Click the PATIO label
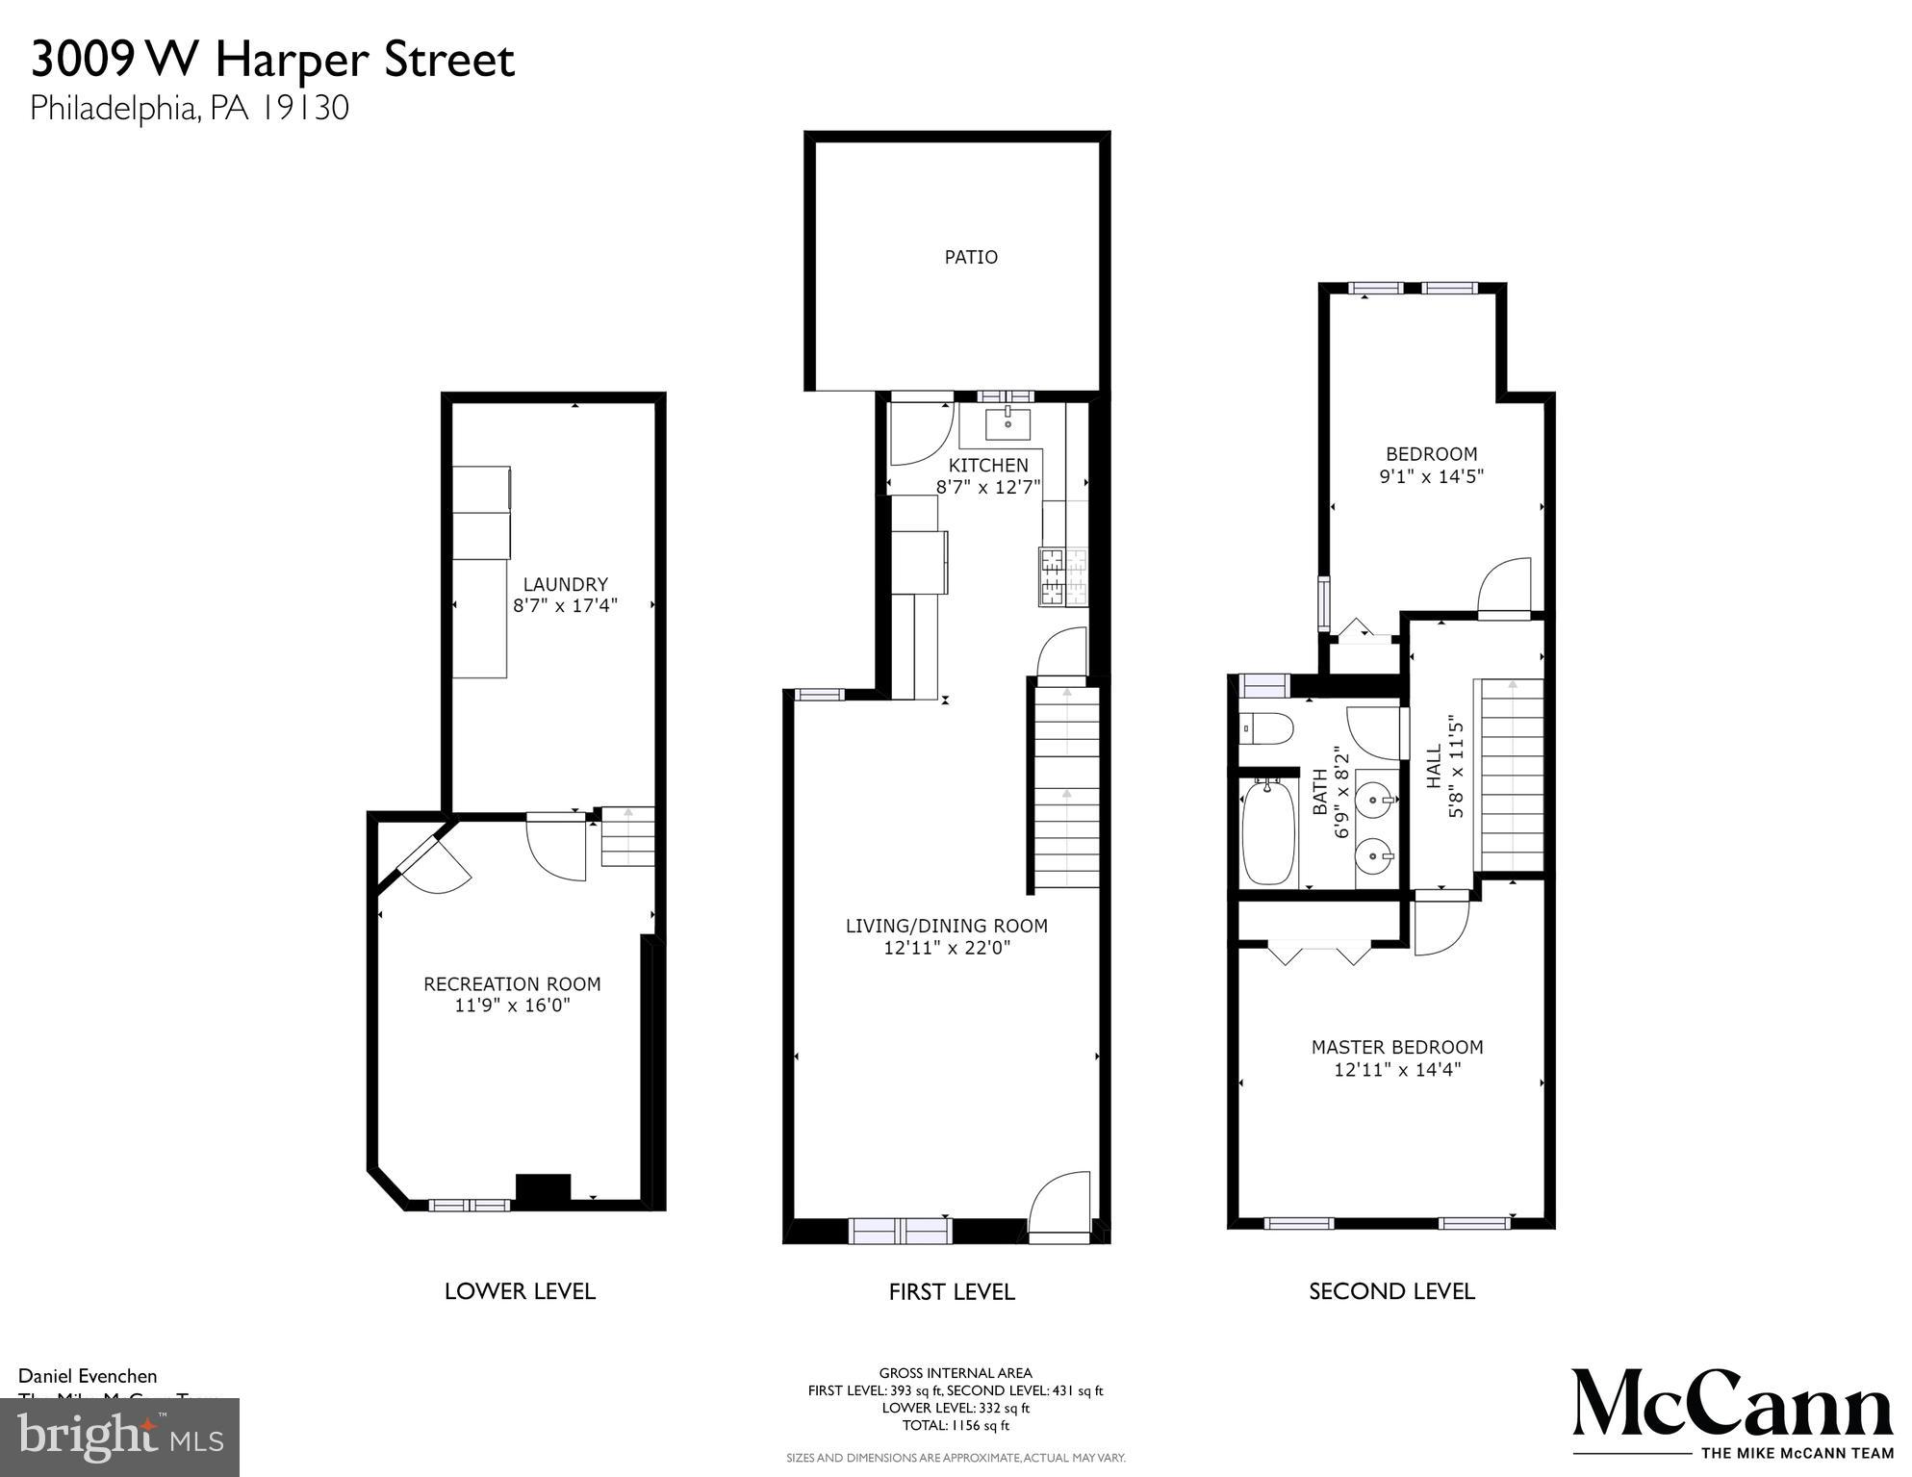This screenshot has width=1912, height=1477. (x=970, y=257)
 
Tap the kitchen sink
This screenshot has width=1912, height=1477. (x=1007, y=423)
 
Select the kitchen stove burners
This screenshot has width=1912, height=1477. (x=1062, y=576)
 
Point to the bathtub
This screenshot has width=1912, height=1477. (x=1267, y=832)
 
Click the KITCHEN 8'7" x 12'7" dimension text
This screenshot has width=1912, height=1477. (x=988, y=487)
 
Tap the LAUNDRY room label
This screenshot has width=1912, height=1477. (x=565, y=584)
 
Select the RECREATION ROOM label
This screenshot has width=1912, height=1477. (x=512, y=983)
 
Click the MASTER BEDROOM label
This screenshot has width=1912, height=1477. (x=1396, y=1047)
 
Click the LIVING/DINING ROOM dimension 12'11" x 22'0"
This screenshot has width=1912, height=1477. (x=946, y=948)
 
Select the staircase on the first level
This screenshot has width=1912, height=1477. (x=1066, y=784)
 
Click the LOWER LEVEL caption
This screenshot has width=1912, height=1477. (x=520, y=1291)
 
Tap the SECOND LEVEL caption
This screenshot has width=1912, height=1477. (x=1391, y=1291)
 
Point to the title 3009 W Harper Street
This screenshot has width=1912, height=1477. (x=273, y=60)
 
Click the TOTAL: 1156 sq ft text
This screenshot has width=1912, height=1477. (x=955, y=1426)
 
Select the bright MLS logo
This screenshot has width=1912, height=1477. (x=120, y=1438)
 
